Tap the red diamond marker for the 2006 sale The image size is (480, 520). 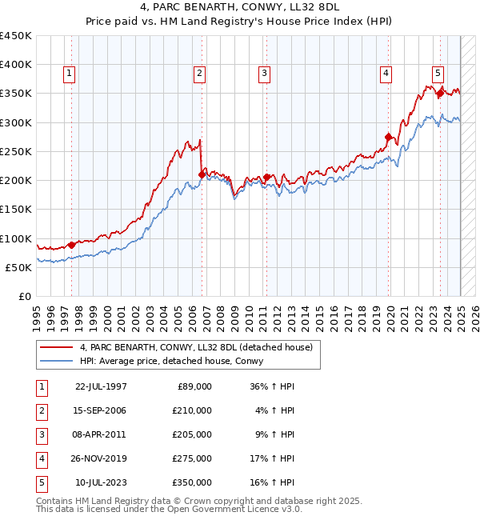click(x=202, y=174)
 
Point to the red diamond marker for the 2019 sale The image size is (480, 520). click(x=389, y=137)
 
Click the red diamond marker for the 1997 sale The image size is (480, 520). click(x=71, y=245)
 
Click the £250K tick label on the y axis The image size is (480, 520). click(x=16, y=151)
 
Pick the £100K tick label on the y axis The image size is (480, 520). click(x=16, y=238)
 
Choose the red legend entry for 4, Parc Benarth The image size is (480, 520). click(x=201, y=347)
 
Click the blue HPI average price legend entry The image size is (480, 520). click(x=177, y=362)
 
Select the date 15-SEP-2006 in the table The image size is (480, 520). click(x=100, y=410)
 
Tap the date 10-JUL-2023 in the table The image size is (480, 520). click(x=100, y=482)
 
